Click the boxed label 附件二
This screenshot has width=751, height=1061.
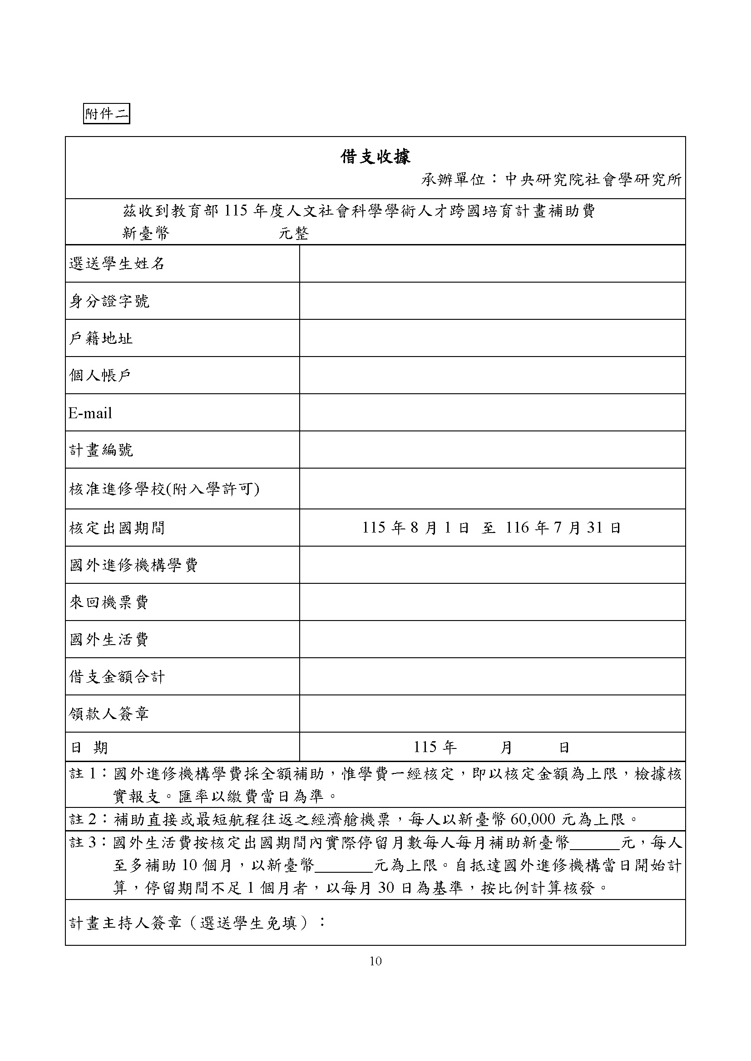point(106,114)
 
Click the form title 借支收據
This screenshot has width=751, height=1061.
point(375,157)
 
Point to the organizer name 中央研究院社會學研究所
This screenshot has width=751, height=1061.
point(593,180)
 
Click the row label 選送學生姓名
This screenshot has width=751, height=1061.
point(117,264)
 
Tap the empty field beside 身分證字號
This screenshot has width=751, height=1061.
point(492,301)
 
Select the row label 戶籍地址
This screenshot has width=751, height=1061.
point(101,338)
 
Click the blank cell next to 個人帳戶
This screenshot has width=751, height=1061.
point(492,375)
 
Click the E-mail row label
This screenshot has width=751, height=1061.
point(91,413)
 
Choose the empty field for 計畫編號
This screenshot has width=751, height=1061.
point(492,450)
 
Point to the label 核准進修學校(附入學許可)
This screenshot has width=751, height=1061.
point(164,489)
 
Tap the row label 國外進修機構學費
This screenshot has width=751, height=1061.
point(133,565)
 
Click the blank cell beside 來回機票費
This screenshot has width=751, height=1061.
point(492,602)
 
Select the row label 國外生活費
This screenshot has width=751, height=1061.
point(109,640)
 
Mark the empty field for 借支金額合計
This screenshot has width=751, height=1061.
point(492,676)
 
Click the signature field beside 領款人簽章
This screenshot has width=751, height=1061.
point(492,714)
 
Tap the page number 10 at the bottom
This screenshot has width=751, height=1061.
point(375,961)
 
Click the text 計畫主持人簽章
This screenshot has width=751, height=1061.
point(125,923)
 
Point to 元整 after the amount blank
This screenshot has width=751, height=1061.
point(294,233)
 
